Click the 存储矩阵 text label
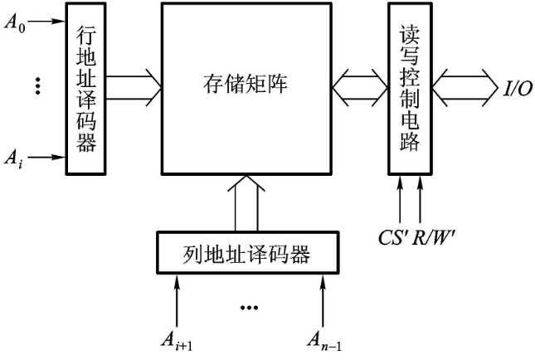tap(245, 84)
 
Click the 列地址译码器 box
tap(246, 254)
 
